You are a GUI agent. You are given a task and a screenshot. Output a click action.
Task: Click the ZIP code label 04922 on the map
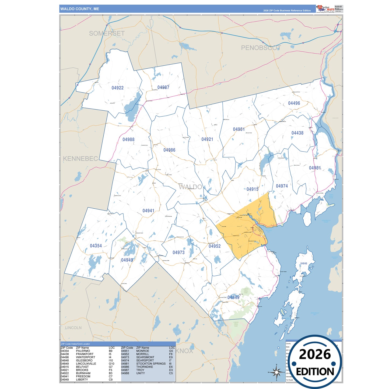(x=117, y=88)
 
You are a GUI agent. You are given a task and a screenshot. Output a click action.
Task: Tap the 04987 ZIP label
(x=163, y=87)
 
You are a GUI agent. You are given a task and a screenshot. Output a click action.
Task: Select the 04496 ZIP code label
(x=294, y=103)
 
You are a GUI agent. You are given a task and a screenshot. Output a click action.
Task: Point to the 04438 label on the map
(x=297, y=133)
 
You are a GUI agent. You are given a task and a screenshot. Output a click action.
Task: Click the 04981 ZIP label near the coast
(x=315, y=168)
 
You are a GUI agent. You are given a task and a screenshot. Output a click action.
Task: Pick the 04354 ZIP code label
(x=96, y=246)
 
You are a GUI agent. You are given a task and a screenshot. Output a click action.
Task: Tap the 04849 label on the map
(x=233, y=297)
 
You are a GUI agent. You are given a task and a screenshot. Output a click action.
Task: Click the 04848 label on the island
(x=304, y=264)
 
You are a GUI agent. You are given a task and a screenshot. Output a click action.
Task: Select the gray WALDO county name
(x=190, y=187)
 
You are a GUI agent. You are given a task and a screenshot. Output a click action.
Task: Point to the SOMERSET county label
(x=107, y=33)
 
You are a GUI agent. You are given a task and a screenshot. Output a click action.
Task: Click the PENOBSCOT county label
(x=261, y=48)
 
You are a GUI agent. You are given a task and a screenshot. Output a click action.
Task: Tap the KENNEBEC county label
(x=80, y=159)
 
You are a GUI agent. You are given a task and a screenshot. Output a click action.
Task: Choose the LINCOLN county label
(x=73, y=328)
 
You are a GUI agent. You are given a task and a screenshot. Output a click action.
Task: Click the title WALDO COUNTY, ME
(x=80, y=9)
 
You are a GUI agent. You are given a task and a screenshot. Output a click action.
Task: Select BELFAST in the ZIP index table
(x=82, y=367)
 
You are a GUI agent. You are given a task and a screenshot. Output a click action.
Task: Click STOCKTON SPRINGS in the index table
(x=151, y=363)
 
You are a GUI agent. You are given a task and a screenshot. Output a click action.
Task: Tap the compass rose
(x=276, y=372)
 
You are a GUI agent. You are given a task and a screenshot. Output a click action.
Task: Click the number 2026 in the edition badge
(x=315, y=354)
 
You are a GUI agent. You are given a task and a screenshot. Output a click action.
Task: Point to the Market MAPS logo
(x=325, y=9)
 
